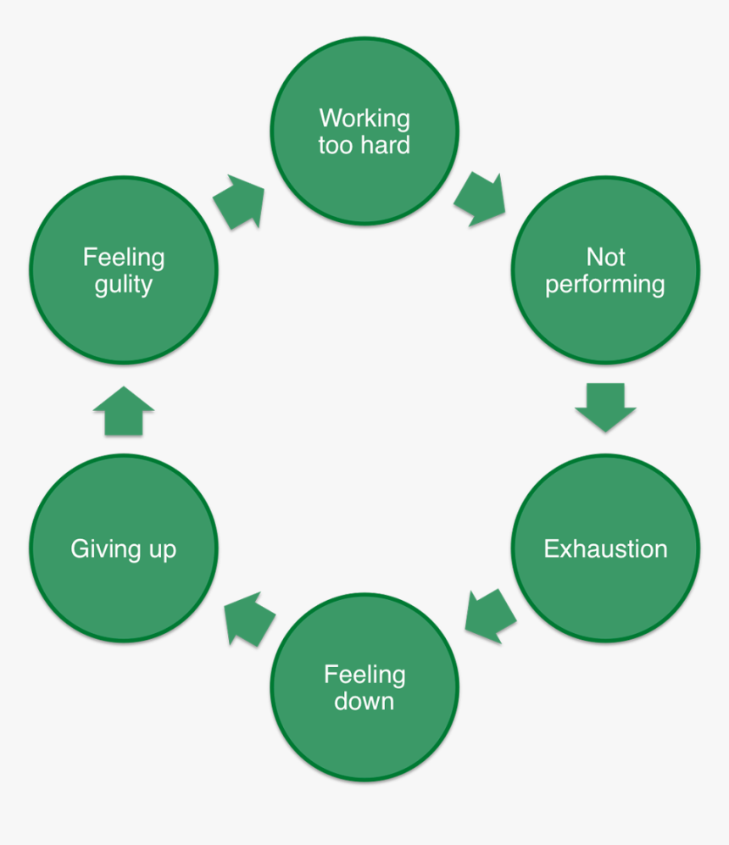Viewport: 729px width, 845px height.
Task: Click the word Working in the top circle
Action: pos(364,118)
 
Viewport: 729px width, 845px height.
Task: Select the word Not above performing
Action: pos(605,256)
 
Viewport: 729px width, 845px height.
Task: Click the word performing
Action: pos(605,285)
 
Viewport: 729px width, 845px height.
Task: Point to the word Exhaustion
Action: pos(605,548)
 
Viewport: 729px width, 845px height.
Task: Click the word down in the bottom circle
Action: pos(364,702)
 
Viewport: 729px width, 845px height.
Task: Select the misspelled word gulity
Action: pos(124,285)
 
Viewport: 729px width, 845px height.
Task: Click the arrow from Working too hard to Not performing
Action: pos(481,199)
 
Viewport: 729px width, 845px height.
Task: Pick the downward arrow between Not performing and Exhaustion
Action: pos(605,407)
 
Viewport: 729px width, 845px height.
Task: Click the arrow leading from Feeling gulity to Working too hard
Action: pos(238,202)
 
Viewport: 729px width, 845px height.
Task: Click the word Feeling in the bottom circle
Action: pos(364,675)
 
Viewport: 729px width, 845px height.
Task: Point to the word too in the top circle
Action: pos(335,145)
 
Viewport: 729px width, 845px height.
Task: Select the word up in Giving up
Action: pos(161,550)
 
